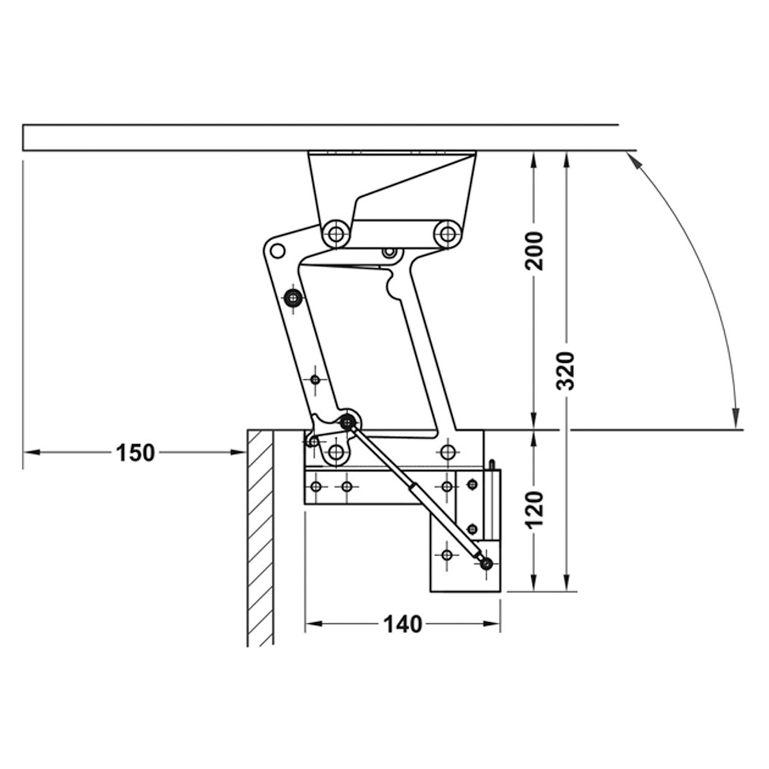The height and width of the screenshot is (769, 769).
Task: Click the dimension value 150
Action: [135, 452]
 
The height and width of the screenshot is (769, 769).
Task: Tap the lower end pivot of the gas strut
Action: [487, 563]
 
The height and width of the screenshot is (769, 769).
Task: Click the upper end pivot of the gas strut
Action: [348, 421]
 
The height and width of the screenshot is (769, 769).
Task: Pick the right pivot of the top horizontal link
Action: [447, 232]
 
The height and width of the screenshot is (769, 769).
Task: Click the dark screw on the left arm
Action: [294, 297]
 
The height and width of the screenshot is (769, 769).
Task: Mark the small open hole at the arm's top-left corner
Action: [277, 249]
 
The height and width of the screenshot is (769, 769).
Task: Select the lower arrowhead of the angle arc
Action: [736, 418]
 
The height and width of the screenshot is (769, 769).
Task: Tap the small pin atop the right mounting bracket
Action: [492, 463]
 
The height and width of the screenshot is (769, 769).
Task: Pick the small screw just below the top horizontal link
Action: [388, 253]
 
